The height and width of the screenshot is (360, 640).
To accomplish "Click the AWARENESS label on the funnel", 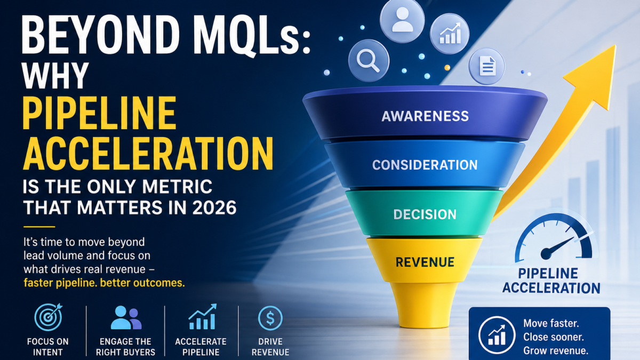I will pyautogui.click(x=425, y=116).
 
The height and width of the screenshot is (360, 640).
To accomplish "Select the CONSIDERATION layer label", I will pyautogui.click(x=425, y=165).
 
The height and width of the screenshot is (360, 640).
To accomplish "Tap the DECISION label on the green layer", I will pyautogui.click(x=425, y=214).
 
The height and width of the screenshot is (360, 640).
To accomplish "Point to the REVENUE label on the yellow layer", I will pyautogui.click(x=425, y=262).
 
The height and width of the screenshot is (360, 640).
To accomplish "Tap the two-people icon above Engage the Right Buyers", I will pyautogui.click(x=126, y=317).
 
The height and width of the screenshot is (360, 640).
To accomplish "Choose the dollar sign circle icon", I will pyautogui.click(x=270, y=318).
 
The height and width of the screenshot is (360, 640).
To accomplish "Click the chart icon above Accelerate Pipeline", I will pyautogui.click(x=202, y=317).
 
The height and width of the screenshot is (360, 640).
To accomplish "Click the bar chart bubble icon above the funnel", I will pyautogui.click(x=449, y=33).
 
